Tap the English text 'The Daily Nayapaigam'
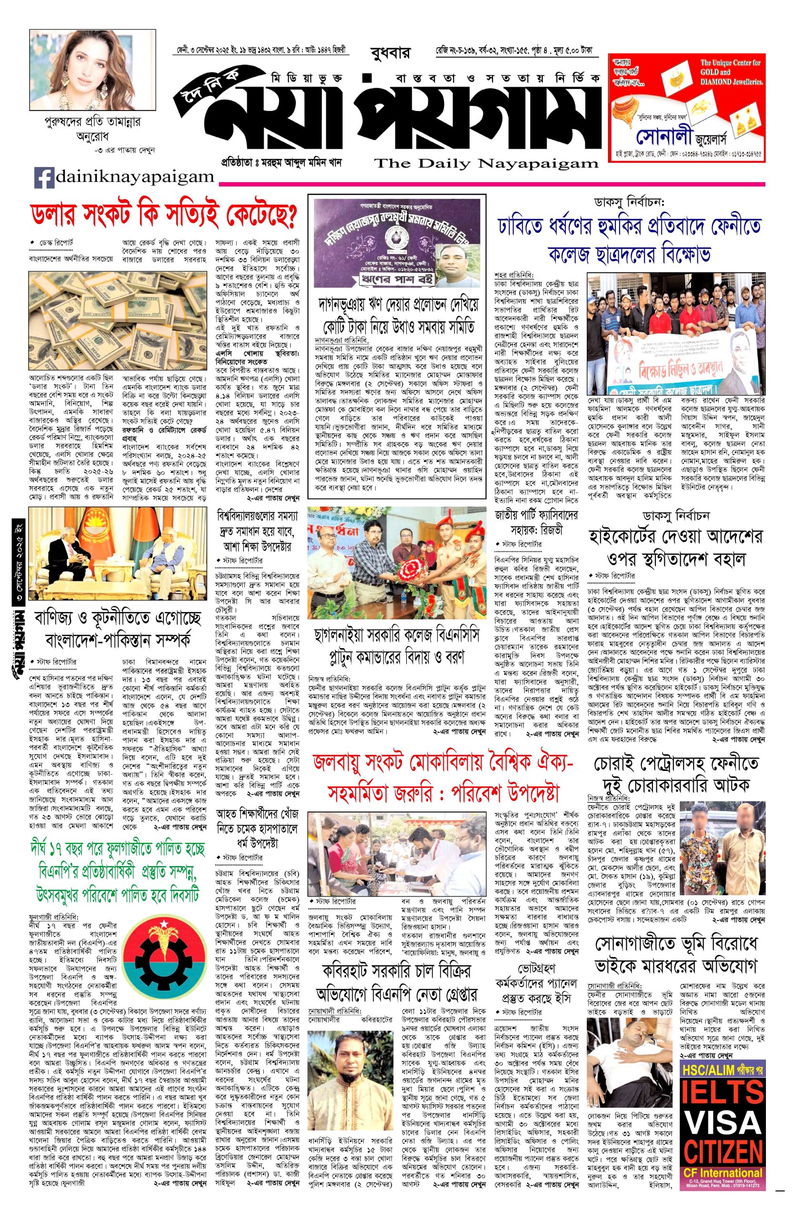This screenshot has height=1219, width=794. click(486, 164)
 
